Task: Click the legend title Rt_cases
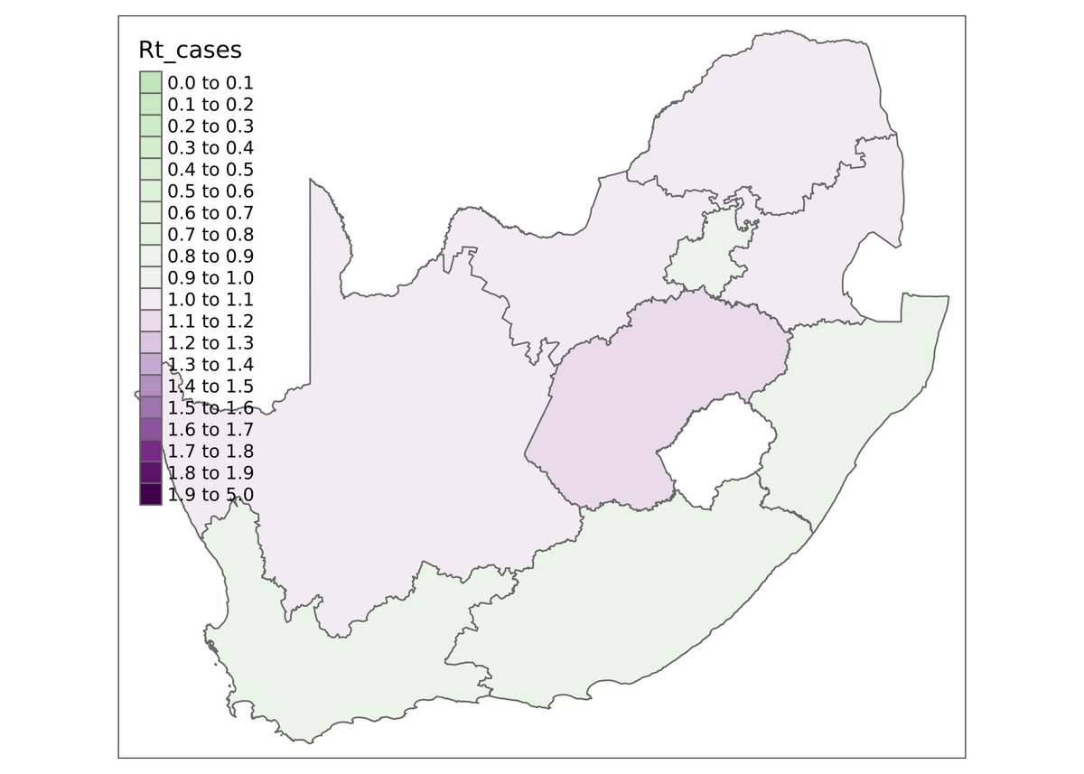coord(190,50)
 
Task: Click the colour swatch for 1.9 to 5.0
coord(151,495)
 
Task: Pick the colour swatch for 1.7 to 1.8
coord(151,452)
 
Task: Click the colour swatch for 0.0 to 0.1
coord(151,83)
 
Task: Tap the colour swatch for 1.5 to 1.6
coord(151,408)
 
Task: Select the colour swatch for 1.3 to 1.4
coord(151,365)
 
